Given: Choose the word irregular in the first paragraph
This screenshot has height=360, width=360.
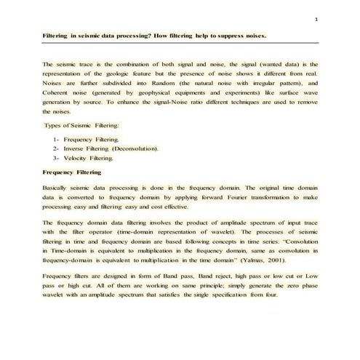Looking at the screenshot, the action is (268, 84).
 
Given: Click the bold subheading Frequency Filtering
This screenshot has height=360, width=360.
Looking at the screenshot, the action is (73, 173).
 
